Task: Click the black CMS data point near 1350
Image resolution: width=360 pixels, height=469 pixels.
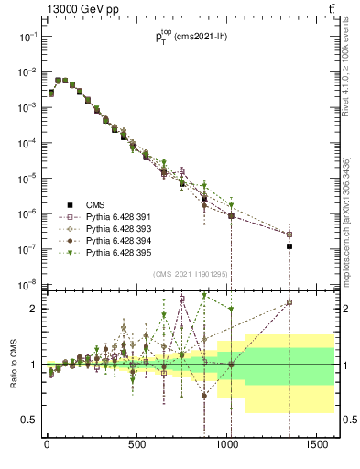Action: [x=289, y=246]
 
